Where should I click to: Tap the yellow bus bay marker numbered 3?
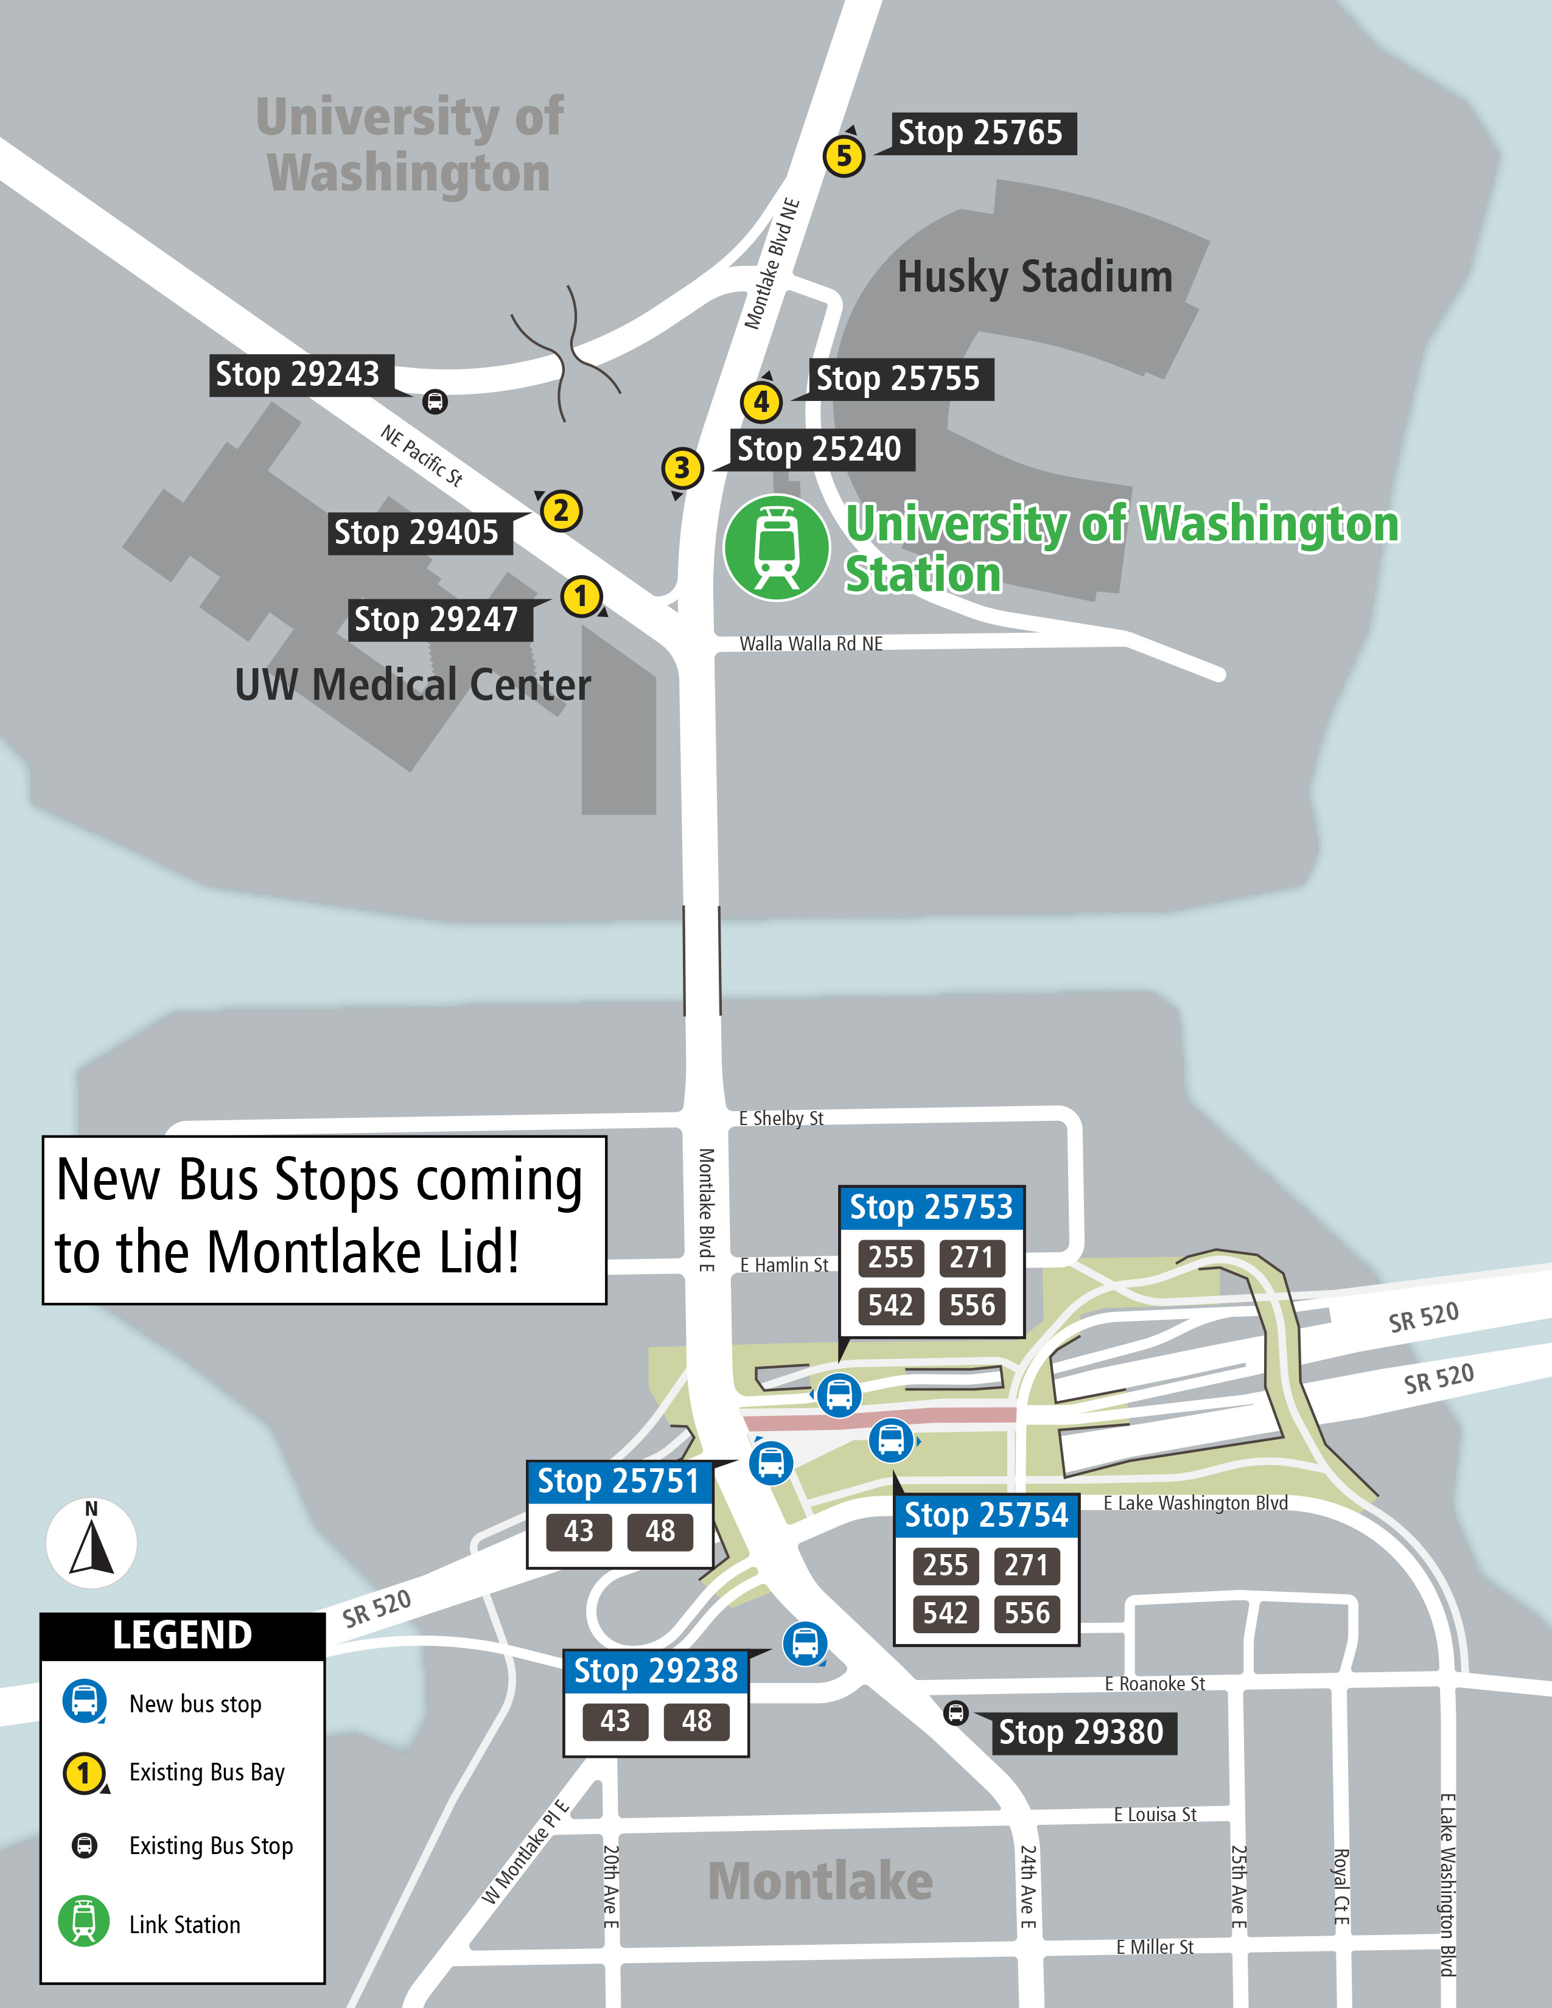point(681,468)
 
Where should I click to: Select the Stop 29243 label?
point(297,375)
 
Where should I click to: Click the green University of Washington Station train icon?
point(777,548)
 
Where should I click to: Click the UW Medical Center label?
point(413,685)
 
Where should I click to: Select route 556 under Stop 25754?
point(1026,1612)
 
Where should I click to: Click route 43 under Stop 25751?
point(578,1531)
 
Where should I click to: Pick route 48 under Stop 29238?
point(696,1721)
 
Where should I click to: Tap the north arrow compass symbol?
point(91,1544)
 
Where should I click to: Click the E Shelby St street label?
point(781,1118)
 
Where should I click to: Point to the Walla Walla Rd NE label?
point(811,644)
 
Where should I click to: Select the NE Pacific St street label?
point(422,454)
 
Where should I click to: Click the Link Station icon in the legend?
point(83,1922)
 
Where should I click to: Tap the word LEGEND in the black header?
point(182,1636)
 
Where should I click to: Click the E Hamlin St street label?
point(785,1265)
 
